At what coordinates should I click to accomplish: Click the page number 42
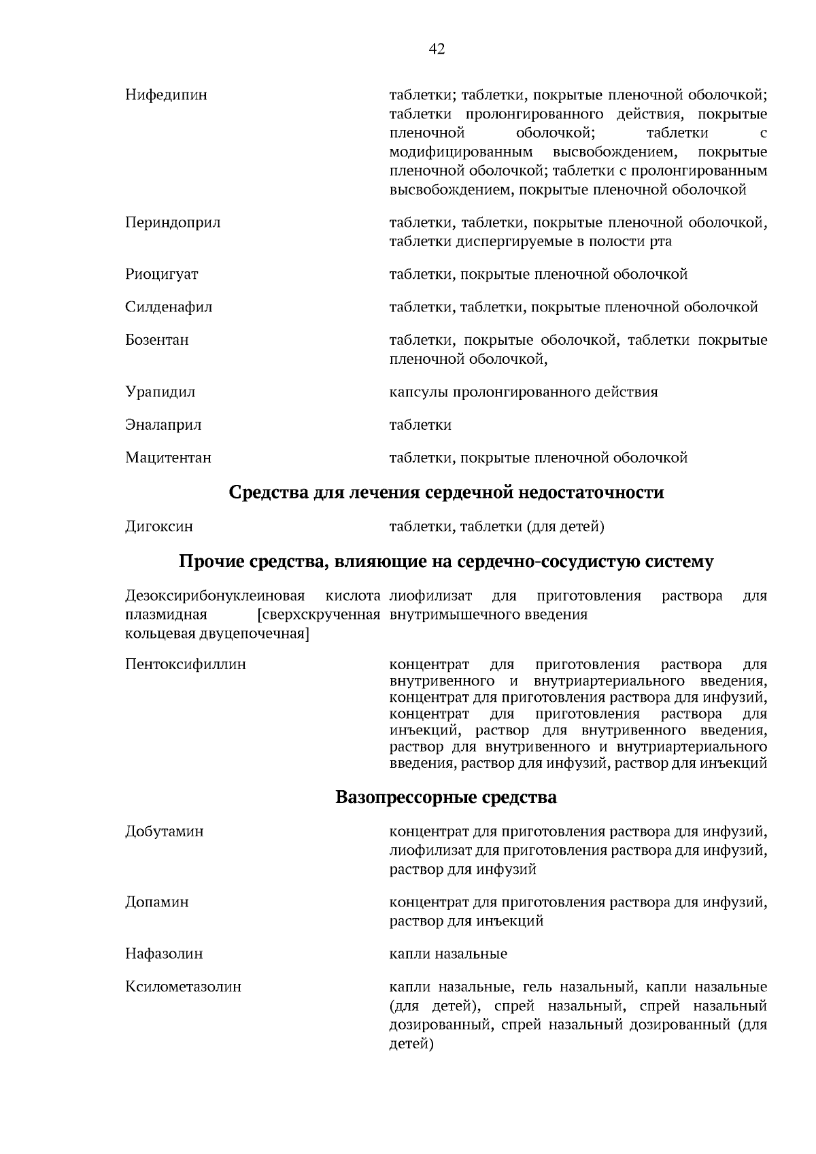click(x=437, y=49)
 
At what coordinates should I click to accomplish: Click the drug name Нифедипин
click(x=166, y=95)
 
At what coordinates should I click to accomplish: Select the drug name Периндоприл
click(x=173, y=223)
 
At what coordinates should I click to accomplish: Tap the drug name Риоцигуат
click(x=162, y=275)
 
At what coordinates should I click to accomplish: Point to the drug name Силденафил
click(x=169, y=307)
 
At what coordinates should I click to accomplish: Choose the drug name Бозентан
click(x=157, y=340)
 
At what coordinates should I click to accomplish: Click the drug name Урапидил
click(x=160, y=392)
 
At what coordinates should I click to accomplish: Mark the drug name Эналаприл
click(x=163, y=426)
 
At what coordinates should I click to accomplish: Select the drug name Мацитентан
click(x=168, y=458)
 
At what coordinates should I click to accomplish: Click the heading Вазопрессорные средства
click(x=446, y=797)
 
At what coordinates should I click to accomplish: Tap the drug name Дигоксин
click(x=159, y=526)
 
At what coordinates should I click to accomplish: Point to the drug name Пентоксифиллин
click(x=186, y=664)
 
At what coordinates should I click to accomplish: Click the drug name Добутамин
click(x=165, y=832)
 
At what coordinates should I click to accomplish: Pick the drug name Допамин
click(x=157, y=902)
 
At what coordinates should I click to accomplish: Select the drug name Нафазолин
click(x=164, y=954)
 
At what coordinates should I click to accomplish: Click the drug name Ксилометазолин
click(x=183, y=987)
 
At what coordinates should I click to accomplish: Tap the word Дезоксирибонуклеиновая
click(x=214, y=596)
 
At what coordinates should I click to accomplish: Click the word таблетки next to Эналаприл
click(x=420, y=426)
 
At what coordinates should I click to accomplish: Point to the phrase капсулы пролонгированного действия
click(x=523, y=392)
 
